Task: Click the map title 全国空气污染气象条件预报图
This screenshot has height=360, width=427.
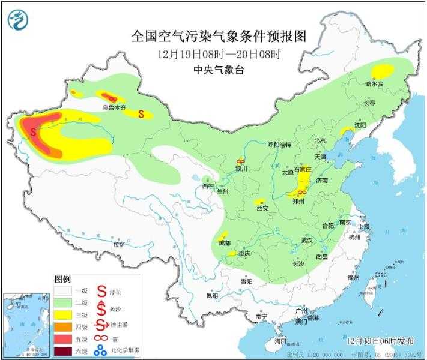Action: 219,37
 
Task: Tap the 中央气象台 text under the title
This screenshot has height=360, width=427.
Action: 219,70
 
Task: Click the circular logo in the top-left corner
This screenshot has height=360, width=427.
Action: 18,21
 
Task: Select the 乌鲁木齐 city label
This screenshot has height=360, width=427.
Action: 114,108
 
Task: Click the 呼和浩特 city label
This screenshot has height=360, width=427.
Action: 279,145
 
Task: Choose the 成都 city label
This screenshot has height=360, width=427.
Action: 224,244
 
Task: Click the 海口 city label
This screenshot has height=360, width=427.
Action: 280,340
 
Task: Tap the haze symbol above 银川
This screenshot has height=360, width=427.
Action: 240,161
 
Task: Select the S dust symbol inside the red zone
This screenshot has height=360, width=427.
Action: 33,129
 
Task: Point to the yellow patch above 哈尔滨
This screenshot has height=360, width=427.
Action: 382,72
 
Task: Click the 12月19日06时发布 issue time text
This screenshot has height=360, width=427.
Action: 380,340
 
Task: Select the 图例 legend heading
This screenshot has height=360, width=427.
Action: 63,280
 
